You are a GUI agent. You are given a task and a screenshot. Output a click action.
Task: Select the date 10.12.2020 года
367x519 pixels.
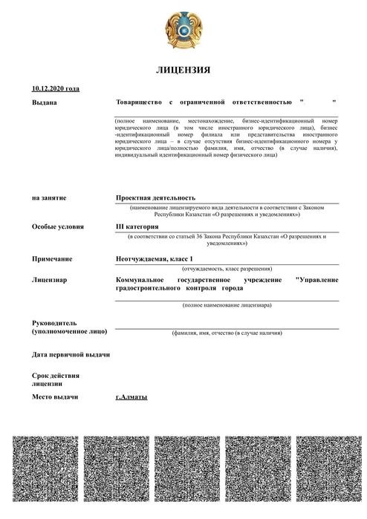coord(56,88)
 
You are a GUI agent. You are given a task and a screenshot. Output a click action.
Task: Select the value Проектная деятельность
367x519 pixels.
coord(155,198)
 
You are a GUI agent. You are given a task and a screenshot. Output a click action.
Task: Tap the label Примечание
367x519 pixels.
coord(52,258)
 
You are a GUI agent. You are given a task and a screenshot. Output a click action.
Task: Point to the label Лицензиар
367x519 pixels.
coord(50,280)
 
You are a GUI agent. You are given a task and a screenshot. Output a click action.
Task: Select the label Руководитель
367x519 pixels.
coord(55,323)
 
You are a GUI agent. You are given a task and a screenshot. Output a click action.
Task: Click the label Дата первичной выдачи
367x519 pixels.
coord(71,354)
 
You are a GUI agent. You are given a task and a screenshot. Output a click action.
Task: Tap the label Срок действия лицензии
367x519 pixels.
coord(55,379)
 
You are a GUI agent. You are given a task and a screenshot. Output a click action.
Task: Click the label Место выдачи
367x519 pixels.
coord(55,397)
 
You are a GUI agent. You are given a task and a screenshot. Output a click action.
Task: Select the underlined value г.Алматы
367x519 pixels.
coord(131,397)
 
